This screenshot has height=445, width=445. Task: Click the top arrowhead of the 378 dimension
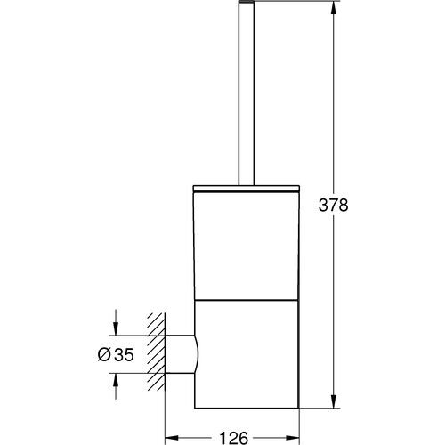[333, 10]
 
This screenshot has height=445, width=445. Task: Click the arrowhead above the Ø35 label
[115, 328]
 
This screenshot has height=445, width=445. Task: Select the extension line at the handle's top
[285, 4]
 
